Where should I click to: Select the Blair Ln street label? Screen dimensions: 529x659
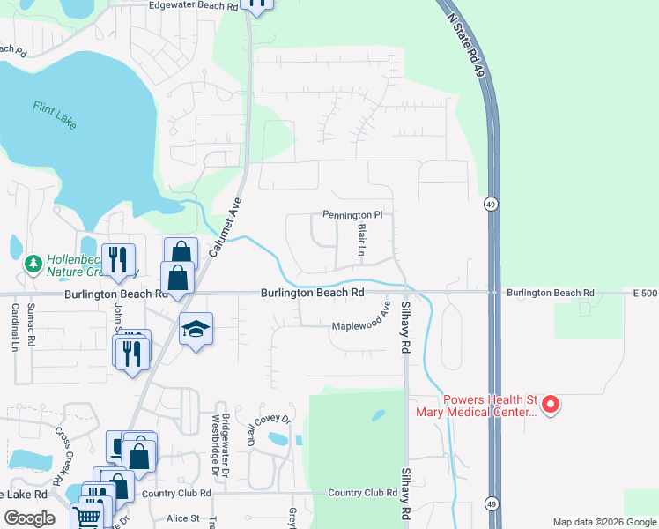(x=361, y=240)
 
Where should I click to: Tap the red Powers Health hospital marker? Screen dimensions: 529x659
(x=551, y=405)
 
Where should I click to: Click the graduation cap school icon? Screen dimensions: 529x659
(x=196, y=329)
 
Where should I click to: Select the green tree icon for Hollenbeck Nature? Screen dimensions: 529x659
(x=33, y=264)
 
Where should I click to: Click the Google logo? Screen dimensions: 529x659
(x=29, y=518)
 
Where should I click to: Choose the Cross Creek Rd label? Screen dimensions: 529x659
(x=64, y=451)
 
